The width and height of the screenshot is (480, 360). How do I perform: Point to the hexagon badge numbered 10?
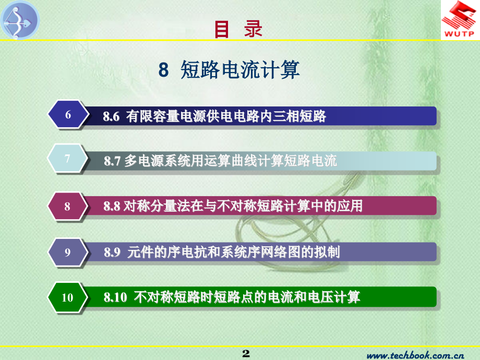[67, 298]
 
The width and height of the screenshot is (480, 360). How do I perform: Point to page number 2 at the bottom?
[246, 354]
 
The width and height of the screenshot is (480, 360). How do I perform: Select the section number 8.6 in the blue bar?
[111, 116]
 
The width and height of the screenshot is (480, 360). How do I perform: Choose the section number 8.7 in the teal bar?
[112, 161]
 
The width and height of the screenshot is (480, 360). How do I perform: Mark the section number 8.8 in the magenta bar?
[112, 207]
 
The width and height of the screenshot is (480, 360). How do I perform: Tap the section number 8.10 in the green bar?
[115, 298]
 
